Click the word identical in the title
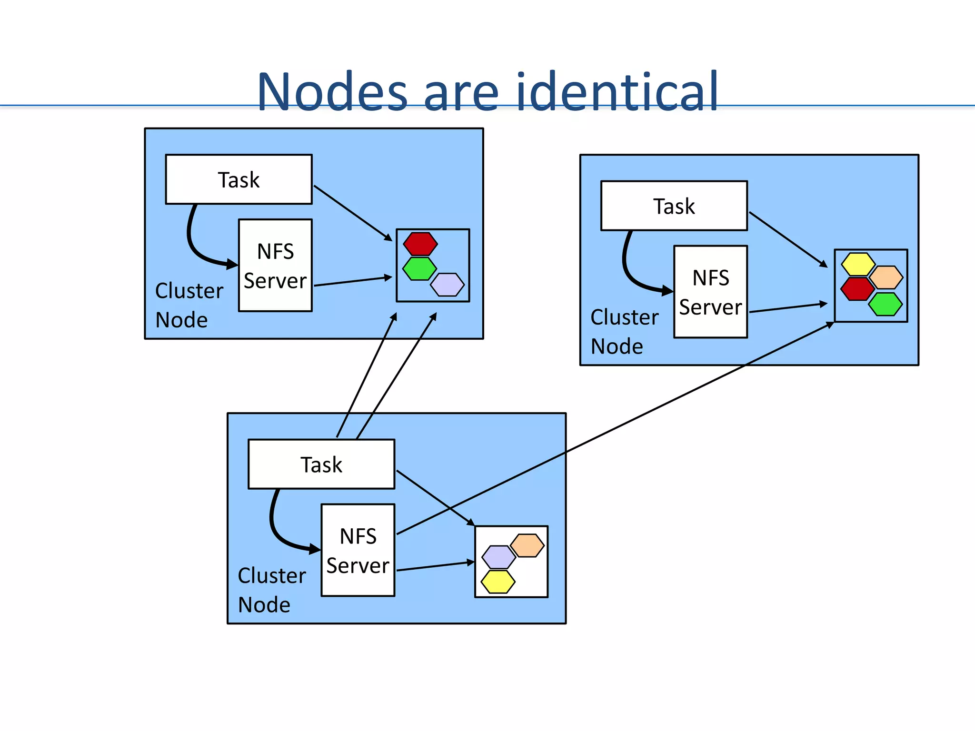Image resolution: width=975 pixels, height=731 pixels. point(617,91)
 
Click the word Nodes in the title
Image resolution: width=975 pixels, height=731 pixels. point(332,91)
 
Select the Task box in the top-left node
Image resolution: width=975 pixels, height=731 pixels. point(239,179)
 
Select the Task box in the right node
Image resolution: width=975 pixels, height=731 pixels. point(674,206)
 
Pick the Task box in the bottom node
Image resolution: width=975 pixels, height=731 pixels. point(321,464)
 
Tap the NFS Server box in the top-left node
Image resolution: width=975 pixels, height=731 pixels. point(275,266)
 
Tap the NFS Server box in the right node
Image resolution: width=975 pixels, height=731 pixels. point(710,292)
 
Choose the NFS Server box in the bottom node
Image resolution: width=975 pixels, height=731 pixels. point(358,550)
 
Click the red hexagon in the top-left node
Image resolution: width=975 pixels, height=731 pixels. point(420,244)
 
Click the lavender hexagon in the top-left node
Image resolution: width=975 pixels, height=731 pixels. point(447,285)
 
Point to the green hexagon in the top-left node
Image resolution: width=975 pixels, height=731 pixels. point(419,268)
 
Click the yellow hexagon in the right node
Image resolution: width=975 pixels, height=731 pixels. point(858,264)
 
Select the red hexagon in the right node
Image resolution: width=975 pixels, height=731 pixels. point(857,289)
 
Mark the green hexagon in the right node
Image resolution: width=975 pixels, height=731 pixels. point(885,304)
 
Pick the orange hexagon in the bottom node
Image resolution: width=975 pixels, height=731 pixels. point(527,545)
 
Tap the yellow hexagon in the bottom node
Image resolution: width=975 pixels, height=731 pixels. point(498,582)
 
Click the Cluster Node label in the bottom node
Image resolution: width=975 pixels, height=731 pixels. point(271,590)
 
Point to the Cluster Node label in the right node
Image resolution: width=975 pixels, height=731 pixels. point(624,332)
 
